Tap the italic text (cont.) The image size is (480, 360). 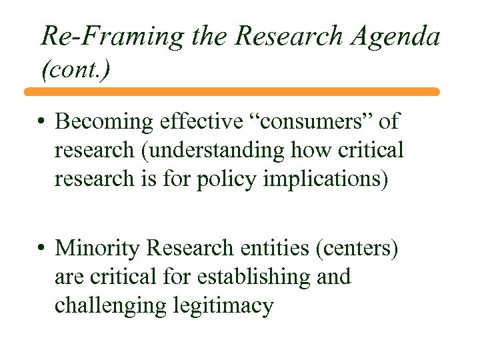[74, 69]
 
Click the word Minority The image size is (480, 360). [97, 248]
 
